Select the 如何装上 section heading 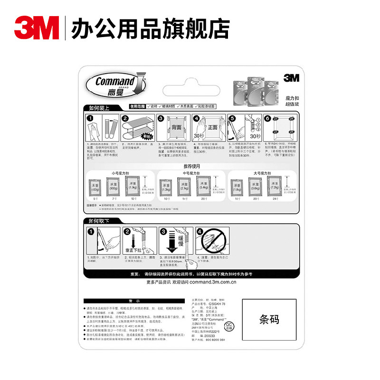pos(96,107)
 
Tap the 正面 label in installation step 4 pos(212,127)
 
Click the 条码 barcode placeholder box pos(268,319)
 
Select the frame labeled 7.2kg pos(275,187)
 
